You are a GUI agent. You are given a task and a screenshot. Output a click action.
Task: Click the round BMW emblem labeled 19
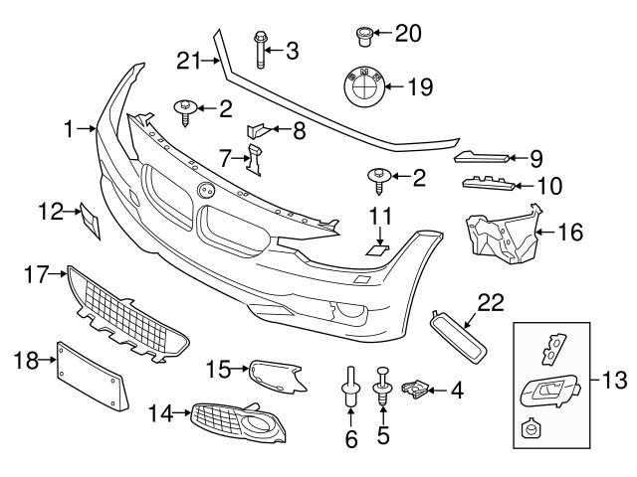[361, 87]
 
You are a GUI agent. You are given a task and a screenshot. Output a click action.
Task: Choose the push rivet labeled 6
[350, 389]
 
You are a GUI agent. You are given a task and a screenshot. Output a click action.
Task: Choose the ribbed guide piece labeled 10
[488, 183]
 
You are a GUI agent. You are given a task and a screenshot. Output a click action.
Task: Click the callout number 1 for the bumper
[70, 128]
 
